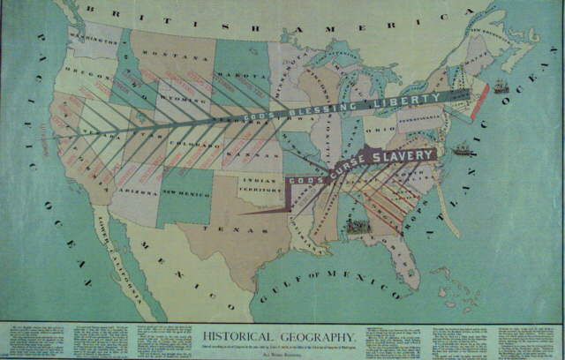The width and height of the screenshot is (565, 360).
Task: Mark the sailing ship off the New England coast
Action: (x=501, y=86)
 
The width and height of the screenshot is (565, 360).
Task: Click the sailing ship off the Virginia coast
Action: (x=461, y=150)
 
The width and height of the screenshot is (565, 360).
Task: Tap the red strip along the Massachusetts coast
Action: (x=479, y=102)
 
